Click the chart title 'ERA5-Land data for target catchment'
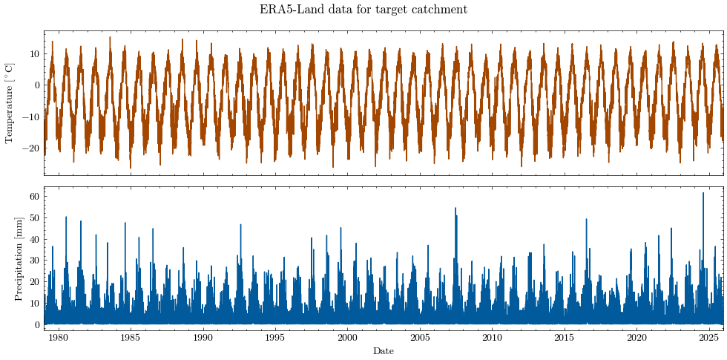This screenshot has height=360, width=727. coord(363,9)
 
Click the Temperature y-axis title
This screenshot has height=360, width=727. coord(9,103)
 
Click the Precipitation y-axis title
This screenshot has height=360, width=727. coord(19,258)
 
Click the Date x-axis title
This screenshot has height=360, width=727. coord(384,351)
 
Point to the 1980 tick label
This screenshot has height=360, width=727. coord(59,336)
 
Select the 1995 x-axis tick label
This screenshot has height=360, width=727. coord(275,336)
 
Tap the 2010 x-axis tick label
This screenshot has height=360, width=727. coord(492,336)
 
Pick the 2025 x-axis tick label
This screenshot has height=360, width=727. coord(709,336)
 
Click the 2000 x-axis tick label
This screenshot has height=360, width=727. coord(348,336)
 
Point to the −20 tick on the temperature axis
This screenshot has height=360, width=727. coord(32,148)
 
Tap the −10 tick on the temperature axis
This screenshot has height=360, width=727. coord(32,117)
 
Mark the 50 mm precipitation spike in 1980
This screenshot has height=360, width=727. coord(66,217)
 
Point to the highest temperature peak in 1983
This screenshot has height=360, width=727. coord(110,38)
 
